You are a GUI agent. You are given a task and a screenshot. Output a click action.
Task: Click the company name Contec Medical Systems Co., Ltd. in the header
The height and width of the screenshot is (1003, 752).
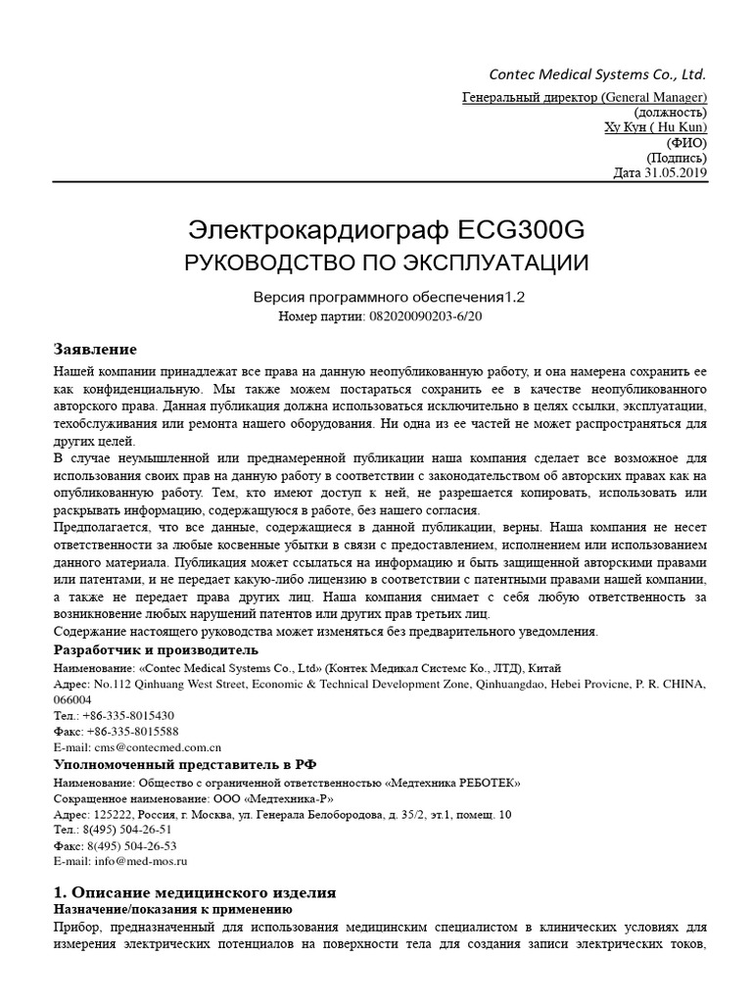click(597, 74)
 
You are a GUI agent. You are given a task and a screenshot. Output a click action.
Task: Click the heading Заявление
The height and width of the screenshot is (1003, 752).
click(95, 350)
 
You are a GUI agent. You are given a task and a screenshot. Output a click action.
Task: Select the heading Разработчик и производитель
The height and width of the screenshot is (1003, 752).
click(156, 649)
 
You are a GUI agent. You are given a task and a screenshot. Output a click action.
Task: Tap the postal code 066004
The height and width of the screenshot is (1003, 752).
click(73, 700)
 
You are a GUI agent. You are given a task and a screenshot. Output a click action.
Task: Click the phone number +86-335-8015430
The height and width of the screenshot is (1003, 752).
click(130, 716)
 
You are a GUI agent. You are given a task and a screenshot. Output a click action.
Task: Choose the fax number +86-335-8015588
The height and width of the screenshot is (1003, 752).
click(133, 732)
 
